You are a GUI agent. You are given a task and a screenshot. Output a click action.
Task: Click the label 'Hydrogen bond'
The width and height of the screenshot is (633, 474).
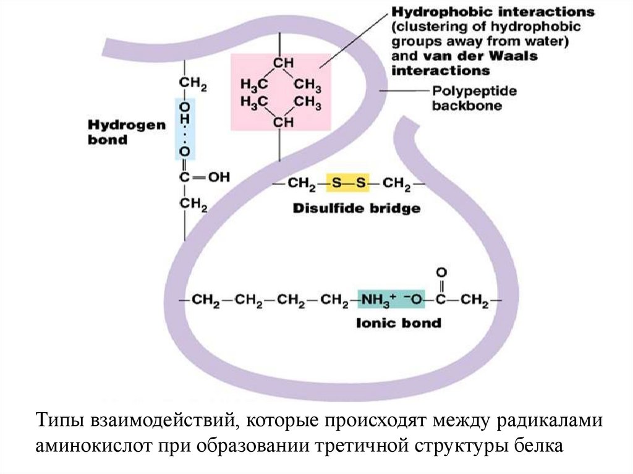(x=117, y=132)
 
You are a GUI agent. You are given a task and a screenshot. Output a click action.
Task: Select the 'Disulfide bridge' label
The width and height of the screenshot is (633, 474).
(x=357, y=208)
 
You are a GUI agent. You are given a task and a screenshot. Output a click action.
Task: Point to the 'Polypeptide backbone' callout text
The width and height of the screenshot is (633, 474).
(x=474, y=98)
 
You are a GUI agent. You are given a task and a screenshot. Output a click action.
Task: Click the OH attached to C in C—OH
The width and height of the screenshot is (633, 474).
(x=218, y=177)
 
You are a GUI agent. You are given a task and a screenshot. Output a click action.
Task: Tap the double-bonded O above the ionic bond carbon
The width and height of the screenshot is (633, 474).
(x=441, y=273)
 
